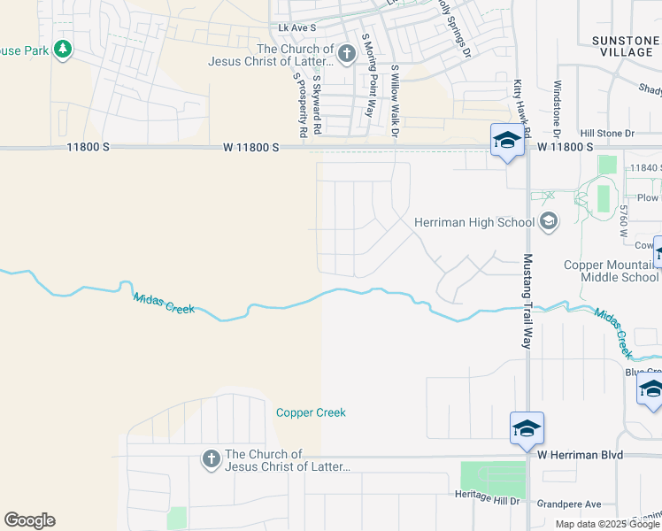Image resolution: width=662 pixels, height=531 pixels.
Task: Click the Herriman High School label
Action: click(x=474, y=222)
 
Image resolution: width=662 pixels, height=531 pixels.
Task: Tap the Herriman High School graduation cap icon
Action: click(x=548, y=221)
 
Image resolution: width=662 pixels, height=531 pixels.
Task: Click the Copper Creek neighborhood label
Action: click(x=311, y=412)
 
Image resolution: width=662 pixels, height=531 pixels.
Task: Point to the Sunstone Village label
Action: click(x=625, y=47)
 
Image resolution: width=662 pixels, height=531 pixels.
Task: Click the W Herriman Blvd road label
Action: click(x=581, y=455)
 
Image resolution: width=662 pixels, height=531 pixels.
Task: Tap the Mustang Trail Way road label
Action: click(x=528, y=301)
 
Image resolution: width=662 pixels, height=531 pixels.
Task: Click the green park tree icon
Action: click(x=62, y=50)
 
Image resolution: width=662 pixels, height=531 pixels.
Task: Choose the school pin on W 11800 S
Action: click(x=507, y=141)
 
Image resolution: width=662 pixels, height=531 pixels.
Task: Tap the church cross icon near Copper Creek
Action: click(x=211, y=458)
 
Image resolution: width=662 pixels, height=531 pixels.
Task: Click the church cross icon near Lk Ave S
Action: click(x=346, y=55)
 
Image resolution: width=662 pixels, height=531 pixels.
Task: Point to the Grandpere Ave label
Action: click(x=569, y=504)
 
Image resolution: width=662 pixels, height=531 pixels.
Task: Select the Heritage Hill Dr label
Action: click(x=486, y=497)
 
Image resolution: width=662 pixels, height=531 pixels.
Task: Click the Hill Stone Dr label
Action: click(x=607, y=134)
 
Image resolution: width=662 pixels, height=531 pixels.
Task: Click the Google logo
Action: click(x=29, y=520)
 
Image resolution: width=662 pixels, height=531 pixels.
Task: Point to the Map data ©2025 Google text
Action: click(x=608, y=524)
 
